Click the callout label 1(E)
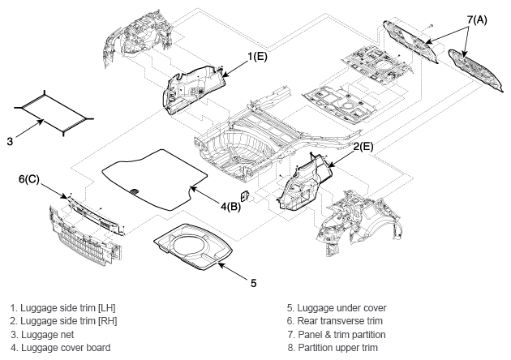[x=257, y=57]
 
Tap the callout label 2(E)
[x=363, y=147]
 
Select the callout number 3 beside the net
[x=10, y=141]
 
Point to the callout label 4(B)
[x=230, y=207]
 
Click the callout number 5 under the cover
[x=254, y=283]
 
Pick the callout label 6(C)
[x=29, y=179]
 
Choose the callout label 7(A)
[x=477, y=20]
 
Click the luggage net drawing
[x=54, y=113]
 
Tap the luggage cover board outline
[x=155, y=179]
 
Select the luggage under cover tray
[x=193, y=247]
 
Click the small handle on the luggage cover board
[x=134, y=191]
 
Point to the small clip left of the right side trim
[x=244, y=196]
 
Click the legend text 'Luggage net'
[x=48, y=335]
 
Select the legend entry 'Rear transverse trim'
[x=340, y=321]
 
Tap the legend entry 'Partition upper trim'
[x=338, y=348]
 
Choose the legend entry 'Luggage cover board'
[x=66, y=348]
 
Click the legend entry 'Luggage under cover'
[x=341, y=308]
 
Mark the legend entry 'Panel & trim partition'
[x=341, y=335]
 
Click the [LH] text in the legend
[x=106, y=308]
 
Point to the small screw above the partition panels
[x=432, y=25]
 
